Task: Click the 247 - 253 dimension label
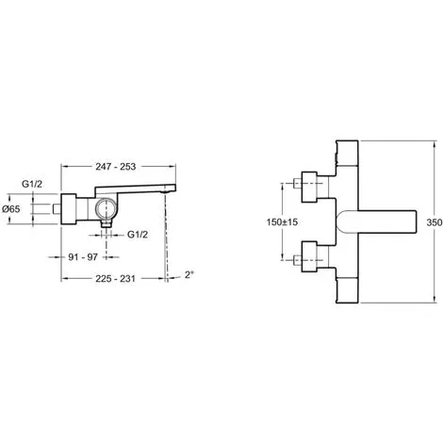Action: [116, 167]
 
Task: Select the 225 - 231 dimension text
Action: [115, 278]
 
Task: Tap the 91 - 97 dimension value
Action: [83, 257]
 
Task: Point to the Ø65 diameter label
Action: [11, 209]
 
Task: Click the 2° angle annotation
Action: [189, 275]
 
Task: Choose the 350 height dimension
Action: [435, 222]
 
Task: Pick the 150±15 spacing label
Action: [282, 222]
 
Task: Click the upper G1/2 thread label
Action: [32, 184]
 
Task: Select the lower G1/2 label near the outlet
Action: [138, 235]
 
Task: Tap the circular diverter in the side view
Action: [107, 209]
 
